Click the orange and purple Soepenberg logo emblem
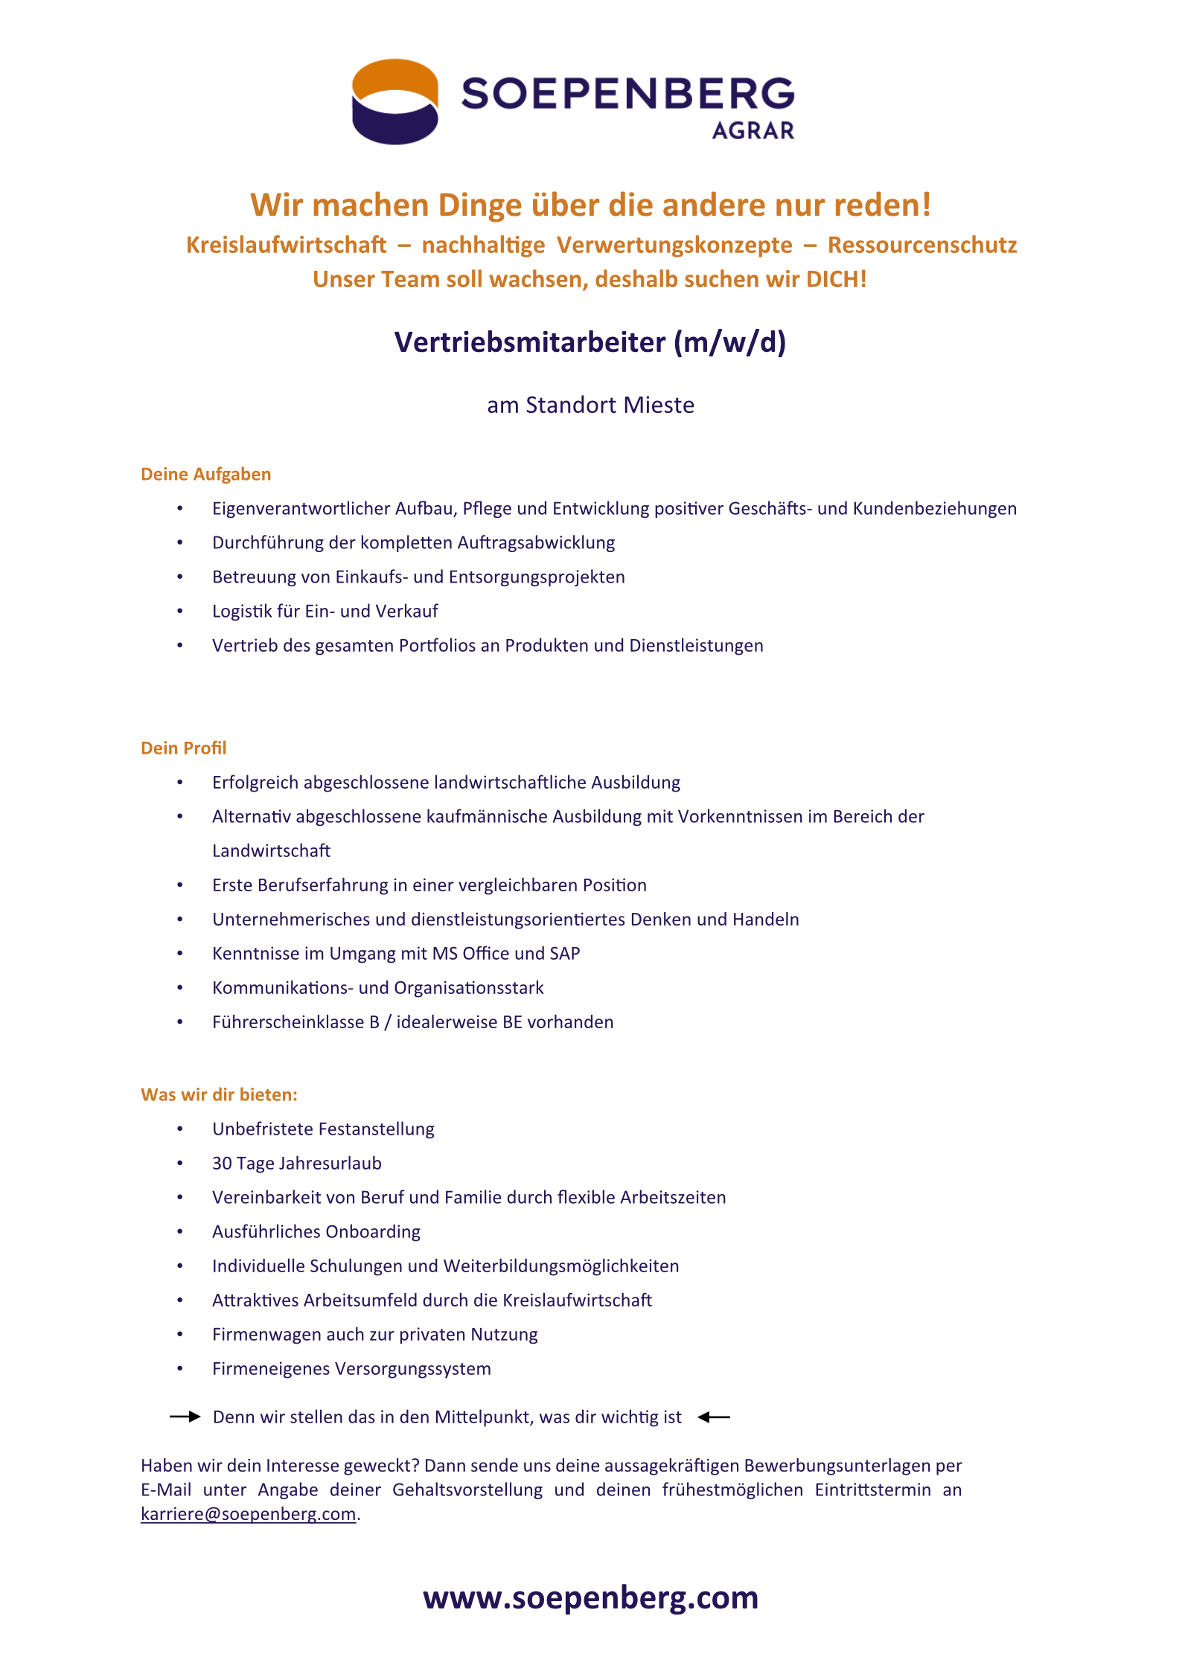pyautogui.click(x=394, y=101)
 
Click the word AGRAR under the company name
pyautogui.click(x=753, y=131)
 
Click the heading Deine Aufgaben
pyautogui.click(x=205, y=474)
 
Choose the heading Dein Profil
pyautogui.click(x=183, y=748)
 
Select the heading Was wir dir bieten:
pyautogui.click(x=219, y=1094)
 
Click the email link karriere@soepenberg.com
pyautogui.click(x=248, y=1514)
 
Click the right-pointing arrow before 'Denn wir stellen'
pyautogui.click(x=185, y=1417)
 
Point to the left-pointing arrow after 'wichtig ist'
pyautogui.click(x=714, y=1417)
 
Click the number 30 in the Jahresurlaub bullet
pyautogui.click(x=222, y=1163)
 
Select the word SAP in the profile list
pyautogui.click(x=565, y=953)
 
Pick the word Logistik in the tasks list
pyautogui.click(x=239, y=611)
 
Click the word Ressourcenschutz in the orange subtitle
pyautogui.click(x=921, y=245)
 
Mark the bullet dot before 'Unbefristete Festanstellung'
pyautogui.click(x=179, y=1129)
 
